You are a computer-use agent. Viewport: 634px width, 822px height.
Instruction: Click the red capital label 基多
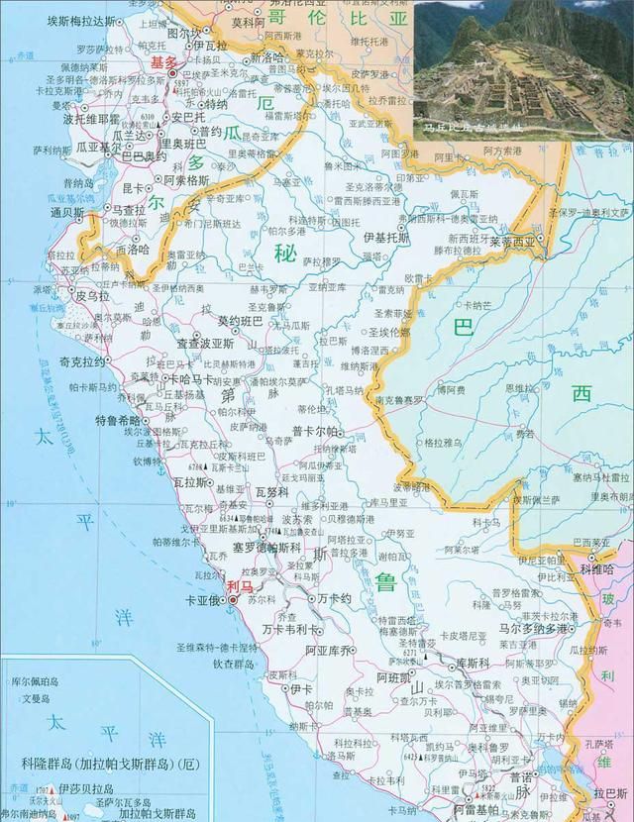pos(161,62)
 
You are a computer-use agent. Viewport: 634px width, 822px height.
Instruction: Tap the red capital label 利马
pos(239,586)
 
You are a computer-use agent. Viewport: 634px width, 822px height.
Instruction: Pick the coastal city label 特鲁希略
pos(118,420)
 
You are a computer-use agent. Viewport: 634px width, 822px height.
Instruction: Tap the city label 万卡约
pos(335,600)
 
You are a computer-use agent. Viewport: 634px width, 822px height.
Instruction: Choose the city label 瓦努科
pos(271,491)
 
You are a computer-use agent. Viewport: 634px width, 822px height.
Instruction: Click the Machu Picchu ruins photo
pos(522,65)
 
